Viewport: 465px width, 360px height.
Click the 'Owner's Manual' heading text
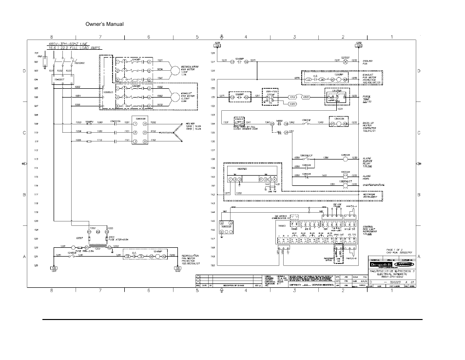pyautogui.click(x=104, y=24)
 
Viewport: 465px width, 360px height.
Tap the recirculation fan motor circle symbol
pyautogui.click(x=175, y=70)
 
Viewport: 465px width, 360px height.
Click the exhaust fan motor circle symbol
pyautogui.click(x=175, y=96)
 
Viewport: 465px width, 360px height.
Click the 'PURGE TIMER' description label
pyautogui.click(x=367, y=98)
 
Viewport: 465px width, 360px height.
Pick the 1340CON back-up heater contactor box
pyautogui.click(x=339, y=122)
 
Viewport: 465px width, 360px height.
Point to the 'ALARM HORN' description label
pyautogui.click(x=367, y=177)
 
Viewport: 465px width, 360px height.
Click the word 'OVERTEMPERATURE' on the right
pyautogui.click(x=373, y=185)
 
